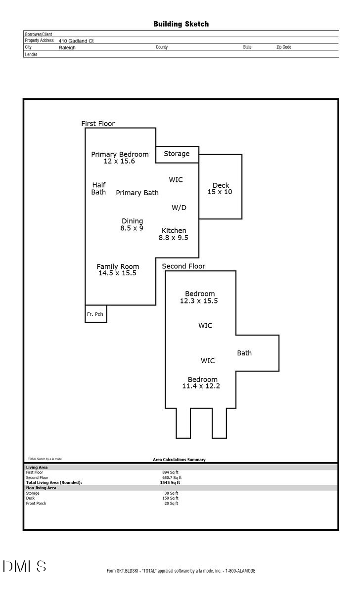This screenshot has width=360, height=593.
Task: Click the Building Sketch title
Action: coord(180,24)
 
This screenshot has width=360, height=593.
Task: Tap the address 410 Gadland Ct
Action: coord(76,41)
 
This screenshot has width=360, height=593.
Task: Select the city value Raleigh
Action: coord(67,48)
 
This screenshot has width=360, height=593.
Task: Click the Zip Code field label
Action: coord(283,47)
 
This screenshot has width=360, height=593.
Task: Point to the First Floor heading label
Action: coord(98,124)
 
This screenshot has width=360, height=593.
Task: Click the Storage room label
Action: coord(177,154)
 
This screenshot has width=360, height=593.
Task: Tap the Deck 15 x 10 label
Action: coord(220,188)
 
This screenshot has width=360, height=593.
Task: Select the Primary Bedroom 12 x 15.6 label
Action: coord(120,158)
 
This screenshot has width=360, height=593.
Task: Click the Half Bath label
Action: coord(98,188)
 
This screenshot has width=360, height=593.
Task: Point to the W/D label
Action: coord(179,208)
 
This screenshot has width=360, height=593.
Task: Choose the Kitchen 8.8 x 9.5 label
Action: coord(174,234)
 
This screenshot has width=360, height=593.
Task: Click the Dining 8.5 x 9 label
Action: coord(132,224)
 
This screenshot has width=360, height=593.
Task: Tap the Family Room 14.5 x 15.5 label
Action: coord(118,269)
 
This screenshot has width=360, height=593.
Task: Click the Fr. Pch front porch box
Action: coord(95,314)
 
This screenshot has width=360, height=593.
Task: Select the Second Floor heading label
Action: coord(183,266)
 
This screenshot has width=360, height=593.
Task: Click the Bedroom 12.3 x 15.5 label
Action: coord(199,296)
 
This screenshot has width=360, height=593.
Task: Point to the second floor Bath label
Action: coord(244,353)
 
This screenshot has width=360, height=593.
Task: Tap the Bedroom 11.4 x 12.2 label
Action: coord(202,382)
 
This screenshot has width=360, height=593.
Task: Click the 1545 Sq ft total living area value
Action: coord(172,482)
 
